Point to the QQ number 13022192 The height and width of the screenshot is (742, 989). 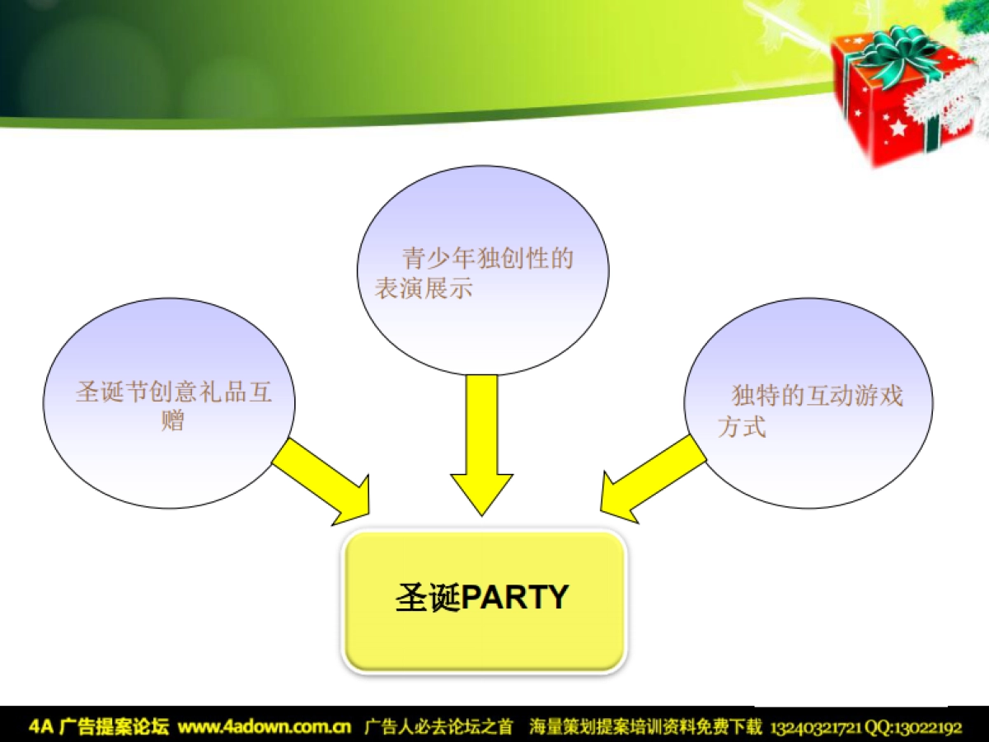tap(931, 727)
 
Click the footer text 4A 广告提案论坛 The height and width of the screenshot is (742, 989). tap(99, 727)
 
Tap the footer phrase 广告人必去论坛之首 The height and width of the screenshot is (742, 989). tap(438, 727)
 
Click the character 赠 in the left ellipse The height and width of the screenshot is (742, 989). tap(172, 421)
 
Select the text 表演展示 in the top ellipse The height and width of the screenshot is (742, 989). tap(424, 289)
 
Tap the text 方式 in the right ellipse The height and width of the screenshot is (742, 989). tap(742, 427)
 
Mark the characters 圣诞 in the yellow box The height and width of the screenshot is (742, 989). tap(426, 597)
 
